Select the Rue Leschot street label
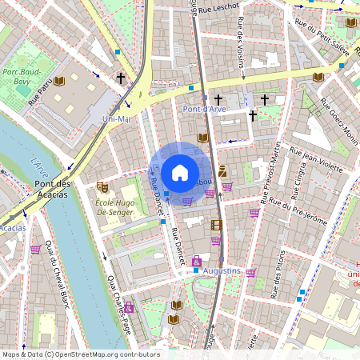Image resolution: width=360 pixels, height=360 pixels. tap(219, 8)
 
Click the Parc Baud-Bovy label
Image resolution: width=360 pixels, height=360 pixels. tap(22, 76)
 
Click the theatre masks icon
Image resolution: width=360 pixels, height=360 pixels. tap(102, 186)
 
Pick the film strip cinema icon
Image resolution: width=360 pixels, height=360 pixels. tap(216, 225)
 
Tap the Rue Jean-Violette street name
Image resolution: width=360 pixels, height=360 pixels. tap(318, 160)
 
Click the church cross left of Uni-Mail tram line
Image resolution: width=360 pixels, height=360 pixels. tap(121, 78)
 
